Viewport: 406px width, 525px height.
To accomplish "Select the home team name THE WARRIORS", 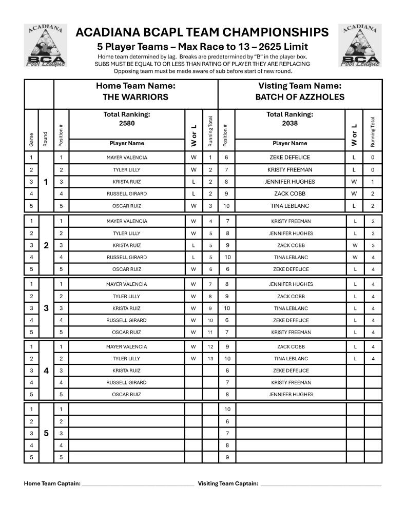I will pos(136,97).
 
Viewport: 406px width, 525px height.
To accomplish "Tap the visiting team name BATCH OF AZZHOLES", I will pos(300,97).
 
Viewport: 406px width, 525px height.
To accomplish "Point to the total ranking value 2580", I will pos(127,123).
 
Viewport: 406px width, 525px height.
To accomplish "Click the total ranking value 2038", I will pos(289,123).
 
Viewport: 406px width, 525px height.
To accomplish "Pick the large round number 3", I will pos(46,308).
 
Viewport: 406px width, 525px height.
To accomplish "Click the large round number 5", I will pos(46,433).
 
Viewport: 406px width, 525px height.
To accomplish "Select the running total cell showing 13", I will pos(210,359).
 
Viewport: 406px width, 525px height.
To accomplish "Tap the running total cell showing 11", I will pos(210,332).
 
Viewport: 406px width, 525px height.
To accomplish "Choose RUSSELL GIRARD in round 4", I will pos(126,382).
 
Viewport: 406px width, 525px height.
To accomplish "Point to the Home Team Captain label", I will pos(52,483).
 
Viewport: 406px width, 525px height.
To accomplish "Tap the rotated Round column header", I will pos(45,139).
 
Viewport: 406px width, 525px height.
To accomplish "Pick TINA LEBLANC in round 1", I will pos(291,206).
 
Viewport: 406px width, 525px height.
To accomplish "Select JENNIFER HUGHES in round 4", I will pos(291,395).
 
